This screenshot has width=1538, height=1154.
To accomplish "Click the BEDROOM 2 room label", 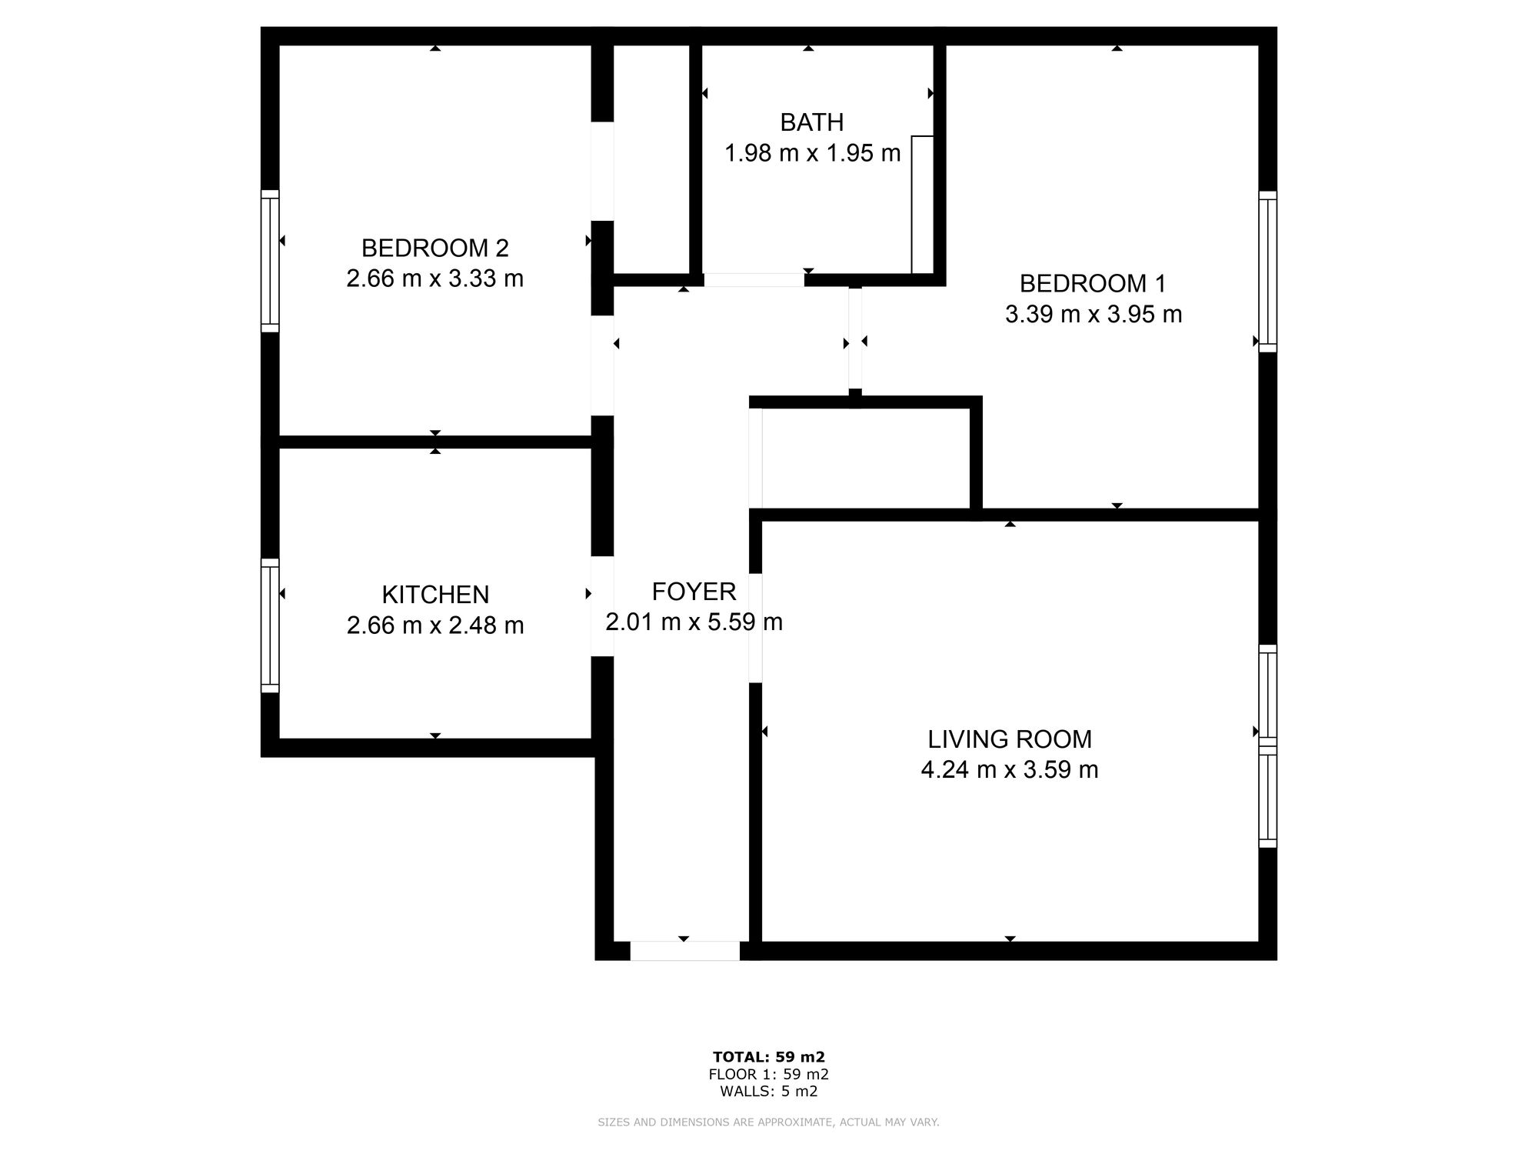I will (x=434, y=248).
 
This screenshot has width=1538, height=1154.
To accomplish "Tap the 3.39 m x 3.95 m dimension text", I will (x=1093, y=315).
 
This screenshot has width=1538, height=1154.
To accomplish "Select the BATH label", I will (x=811, y=122).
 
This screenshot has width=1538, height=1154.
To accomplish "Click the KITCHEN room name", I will (x=435, y=595).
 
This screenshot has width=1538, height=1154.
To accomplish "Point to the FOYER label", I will (x=694, y=592).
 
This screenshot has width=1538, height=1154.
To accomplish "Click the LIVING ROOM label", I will (x=1009, y=739).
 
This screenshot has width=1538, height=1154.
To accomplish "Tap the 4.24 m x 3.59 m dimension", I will (x=1009, y=770).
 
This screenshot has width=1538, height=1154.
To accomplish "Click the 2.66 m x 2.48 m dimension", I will (x=435, y=625).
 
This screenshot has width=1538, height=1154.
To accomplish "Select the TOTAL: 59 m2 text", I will (x=768, y=1057).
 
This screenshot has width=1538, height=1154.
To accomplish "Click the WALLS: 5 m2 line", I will (x=768, y=1092).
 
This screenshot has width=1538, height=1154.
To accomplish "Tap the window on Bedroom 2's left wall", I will (x=269, y=261).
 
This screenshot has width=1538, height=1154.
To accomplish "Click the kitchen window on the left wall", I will (x=269, y=625).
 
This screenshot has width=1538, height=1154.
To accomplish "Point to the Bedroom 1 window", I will (x=1267, y=271).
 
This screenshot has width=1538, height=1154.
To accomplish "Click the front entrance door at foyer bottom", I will (x=684, y=951).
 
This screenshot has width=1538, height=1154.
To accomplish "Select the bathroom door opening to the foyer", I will (x=754, y=280).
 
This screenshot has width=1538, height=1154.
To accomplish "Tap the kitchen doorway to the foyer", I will (x=602, y=606).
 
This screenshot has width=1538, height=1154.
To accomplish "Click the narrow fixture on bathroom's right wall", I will (x=922, y=205).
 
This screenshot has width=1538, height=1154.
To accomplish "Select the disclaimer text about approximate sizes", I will (x=768, y=1122).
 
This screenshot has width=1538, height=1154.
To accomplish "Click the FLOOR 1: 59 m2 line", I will (x=768, y=1075).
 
